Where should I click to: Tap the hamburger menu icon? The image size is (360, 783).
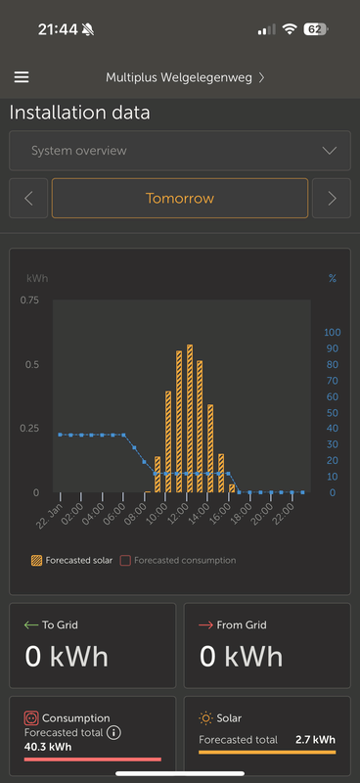click(x=22, y=77)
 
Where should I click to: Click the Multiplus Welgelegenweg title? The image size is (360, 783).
click(x=179, y=77)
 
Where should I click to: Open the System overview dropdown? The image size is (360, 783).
click(x=180, y=151)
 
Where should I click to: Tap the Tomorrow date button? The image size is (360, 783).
click(x=180, y=198)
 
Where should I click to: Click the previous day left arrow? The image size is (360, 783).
click(x=28, y=198)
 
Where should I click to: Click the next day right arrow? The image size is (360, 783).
click(x=333, y=198)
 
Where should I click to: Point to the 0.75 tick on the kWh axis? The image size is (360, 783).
click(x=29, y=300)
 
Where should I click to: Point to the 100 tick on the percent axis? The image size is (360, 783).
click(x=332, y=333)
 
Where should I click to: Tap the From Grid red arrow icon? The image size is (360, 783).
click(x=205, y=622)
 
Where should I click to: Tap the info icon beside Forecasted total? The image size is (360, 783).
click(x=113, y=732)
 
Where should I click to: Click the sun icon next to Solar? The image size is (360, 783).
click(x=205, y=718)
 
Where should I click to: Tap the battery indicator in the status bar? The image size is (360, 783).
click(x=315, y=29)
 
